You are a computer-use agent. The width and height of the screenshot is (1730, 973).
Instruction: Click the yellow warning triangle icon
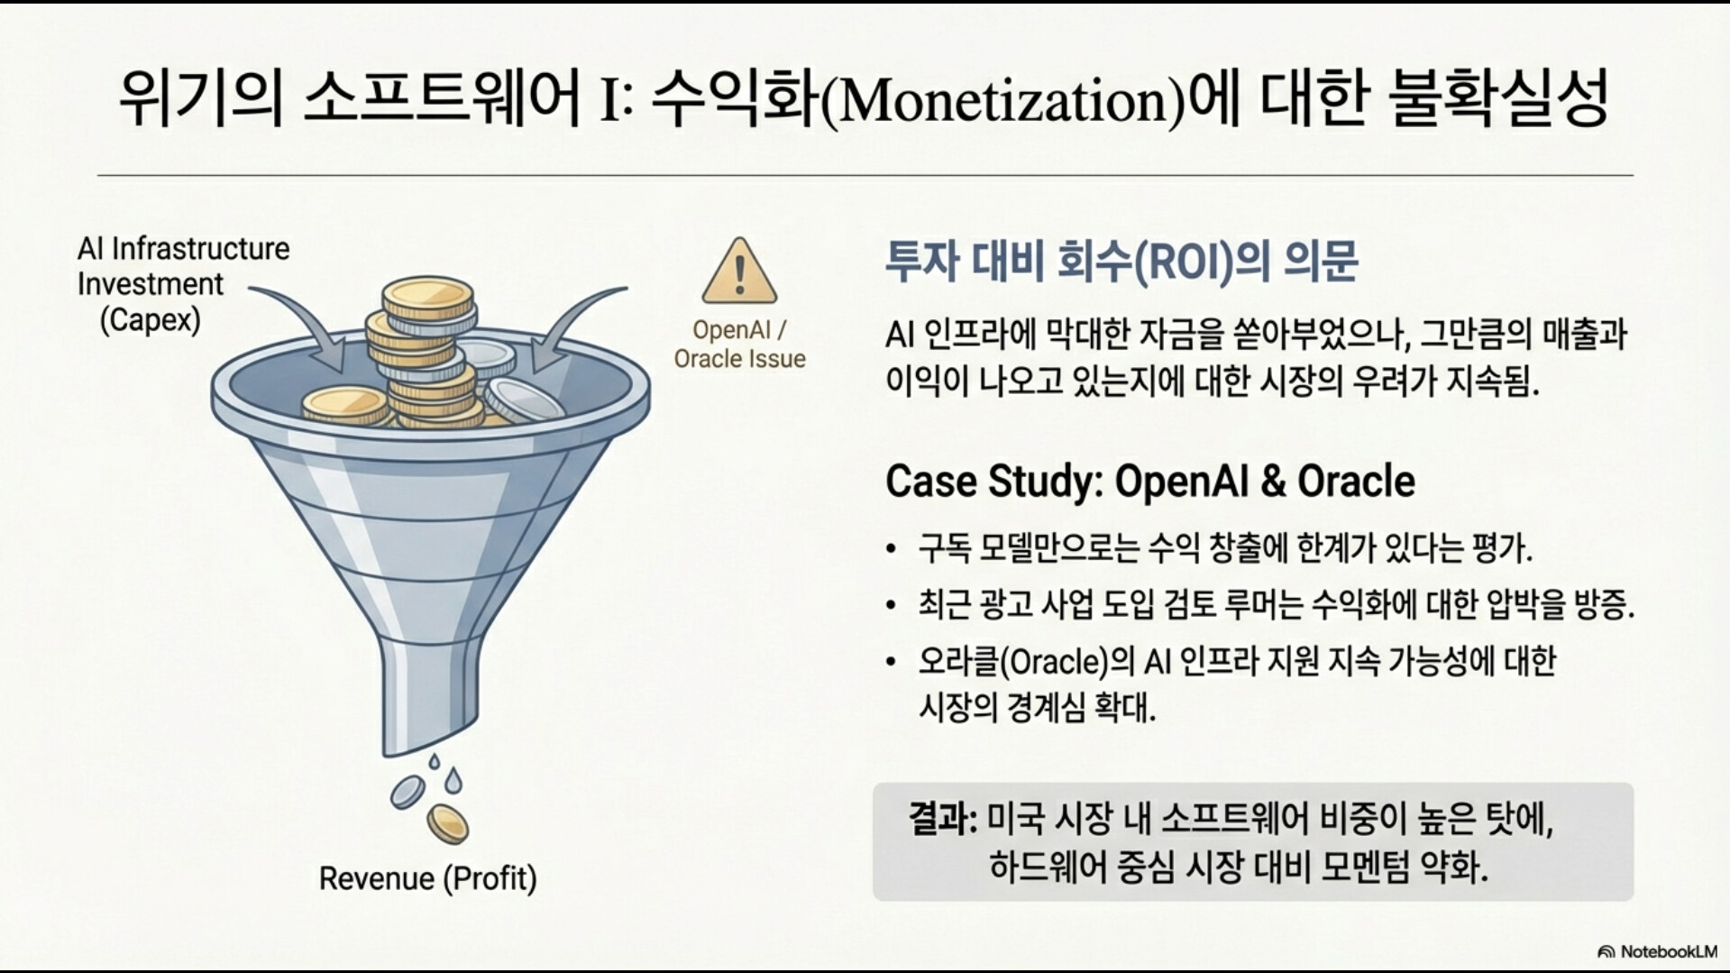[x=739, y=272]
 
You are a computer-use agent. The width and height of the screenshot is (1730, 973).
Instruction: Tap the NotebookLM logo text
[x=1668, y=951]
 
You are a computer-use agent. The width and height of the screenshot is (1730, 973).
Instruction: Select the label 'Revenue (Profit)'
[x=428, y=877]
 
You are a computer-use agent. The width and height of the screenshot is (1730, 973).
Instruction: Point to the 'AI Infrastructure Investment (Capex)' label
[x=184, y=284]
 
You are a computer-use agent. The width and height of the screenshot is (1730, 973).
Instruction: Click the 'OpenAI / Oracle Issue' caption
[x=739, y=344]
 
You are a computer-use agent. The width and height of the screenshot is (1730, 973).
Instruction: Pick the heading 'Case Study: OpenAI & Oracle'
[x=1150, y=481]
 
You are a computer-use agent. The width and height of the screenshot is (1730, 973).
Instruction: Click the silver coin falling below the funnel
[x=407, y=792]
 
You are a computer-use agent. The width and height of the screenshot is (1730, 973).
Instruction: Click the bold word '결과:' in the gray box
[x=942, y=820]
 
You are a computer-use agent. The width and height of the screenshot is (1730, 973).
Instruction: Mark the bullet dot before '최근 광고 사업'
[x=892, y=606]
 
